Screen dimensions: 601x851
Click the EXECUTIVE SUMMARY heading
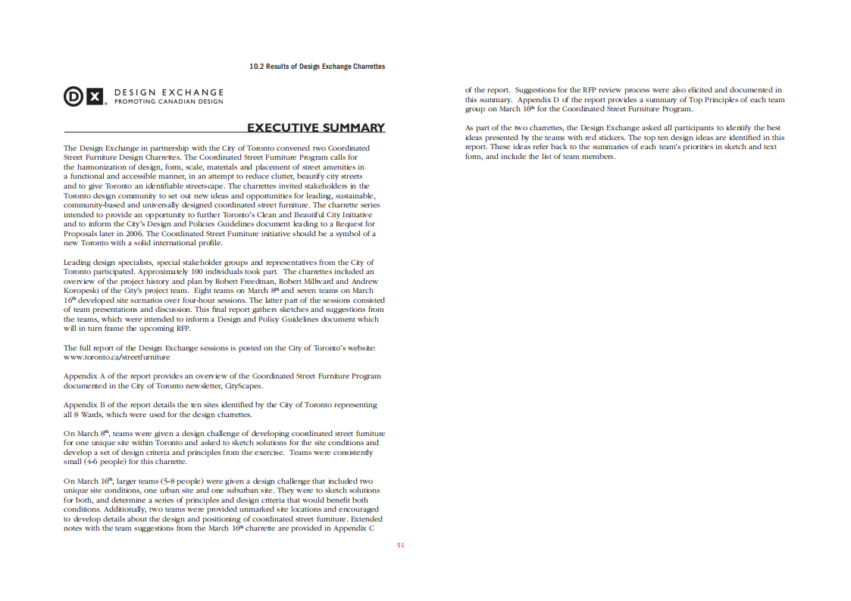(316, 127)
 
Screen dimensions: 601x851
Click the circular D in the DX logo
(74, 96)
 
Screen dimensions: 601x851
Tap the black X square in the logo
(94, 96)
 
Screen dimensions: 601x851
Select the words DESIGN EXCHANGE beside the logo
(169, 92)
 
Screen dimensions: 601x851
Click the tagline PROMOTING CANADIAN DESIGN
(169, 101)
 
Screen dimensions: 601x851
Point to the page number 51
(400, 544)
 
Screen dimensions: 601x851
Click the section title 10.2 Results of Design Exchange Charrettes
(317, 67)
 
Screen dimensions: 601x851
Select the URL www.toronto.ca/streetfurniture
(117, 357)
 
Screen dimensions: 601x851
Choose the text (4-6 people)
(105, 462)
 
